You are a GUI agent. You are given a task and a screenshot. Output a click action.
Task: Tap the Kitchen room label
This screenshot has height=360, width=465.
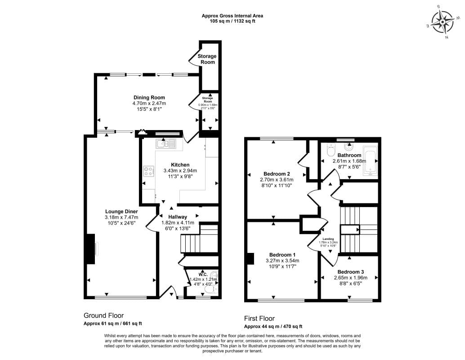coord(180,165)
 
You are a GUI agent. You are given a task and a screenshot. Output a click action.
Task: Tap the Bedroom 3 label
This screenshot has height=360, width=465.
coord(350,272)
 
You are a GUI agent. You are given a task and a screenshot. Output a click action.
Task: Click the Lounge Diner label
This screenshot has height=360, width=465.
coord(121,211)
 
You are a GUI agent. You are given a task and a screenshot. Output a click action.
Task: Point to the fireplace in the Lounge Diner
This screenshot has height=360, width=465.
coord(91,249)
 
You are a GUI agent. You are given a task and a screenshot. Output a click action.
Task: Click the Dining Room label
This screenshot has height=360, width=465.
coord(149,98)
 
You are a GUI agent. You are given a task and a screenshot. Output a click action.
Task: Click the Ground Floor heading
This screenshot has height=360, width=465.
coord(103,315)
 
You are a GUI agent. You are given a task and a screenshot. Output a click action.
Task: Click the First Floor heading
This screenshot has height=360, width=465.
coord(259,318)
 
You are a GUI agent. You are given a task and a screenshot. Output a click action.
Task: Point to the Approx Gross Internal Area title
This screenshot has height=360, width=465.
coord(232,16)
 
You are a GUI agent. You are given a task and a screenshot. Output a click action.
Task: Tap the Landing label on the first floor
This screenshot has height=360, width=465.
coord(328,239)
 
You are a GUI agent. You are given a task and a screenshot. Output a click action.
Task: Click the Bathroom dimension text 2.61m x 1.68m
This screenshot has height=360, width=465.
coord(349,161)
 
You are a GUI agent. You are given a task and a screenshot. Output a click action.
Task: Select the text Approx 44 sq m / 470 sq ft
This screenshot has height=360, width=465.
coord(273,327)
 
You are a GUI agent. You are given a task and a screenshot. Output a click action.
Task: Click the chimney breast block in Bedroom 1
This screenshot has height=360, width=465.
coord(250,259)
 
